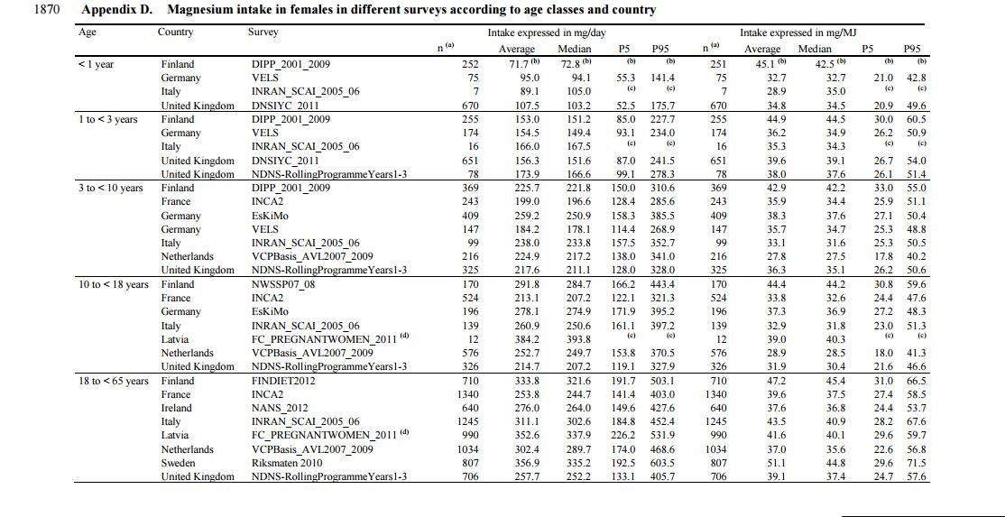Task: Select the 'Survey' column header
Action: pyautogui.click(x=263, y=32)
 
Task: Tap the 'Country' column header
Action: pyautogui.click(x=175, y=32)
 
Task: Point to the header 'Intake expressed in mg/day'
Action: pyautogui.click(x=547, y=32)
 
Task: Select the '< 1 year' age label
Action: pyautogui.click(x=97, y=64)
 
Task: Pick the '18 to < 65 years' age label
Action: pyautogui.click(x=114, y=381)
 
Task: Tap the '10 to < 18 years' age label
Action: pyautogui.click(x=114, y=284)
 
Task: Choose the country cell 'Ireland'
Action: pyautogui.click(x=177, y=408)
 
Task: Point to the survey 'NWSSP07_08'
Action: pyautogui.click(x=283, y=284)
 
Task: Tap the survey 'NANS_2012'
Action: pyautogui.click(x=279, y=408)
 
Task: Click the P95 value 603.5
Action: pyautogui.click(x=661, y=463)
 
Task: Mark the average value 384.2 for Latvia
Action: pyautogui.click(x=526, y=339)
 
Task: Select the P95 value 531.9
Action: pyautogui.click(x=661, y=436)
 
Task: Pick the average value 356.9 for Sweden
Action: pyautogui.click(x=526, y=463)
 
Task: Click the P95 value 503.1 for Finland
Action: pyautogui.click(x=661, y=381)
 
